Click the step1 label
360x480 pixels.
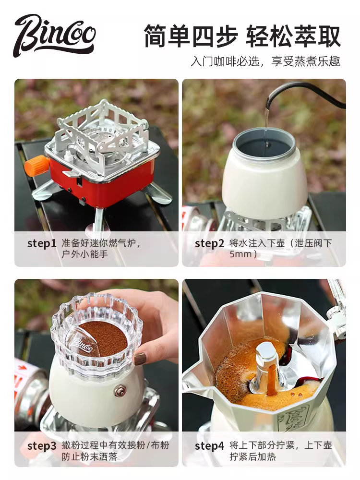pos(42,243)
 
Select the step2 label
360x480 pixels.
pos(209,243)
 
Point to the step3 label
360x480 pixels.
pos(42,446)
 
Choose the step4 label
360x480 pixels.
pos(209,446)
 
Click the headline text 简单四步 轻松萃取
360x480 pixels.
pos(242,36)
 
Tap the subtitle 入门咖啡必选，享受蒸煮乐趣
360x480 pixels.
pos(265,62)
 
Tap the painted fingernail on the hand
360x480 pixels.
pos(140,358)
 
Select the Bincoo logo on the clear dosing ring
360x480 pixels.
pos(82,344)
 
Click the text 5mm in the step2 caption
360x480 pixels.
pos(240,254)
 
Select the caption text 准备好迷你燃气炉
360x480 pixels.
pos(101,243)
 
